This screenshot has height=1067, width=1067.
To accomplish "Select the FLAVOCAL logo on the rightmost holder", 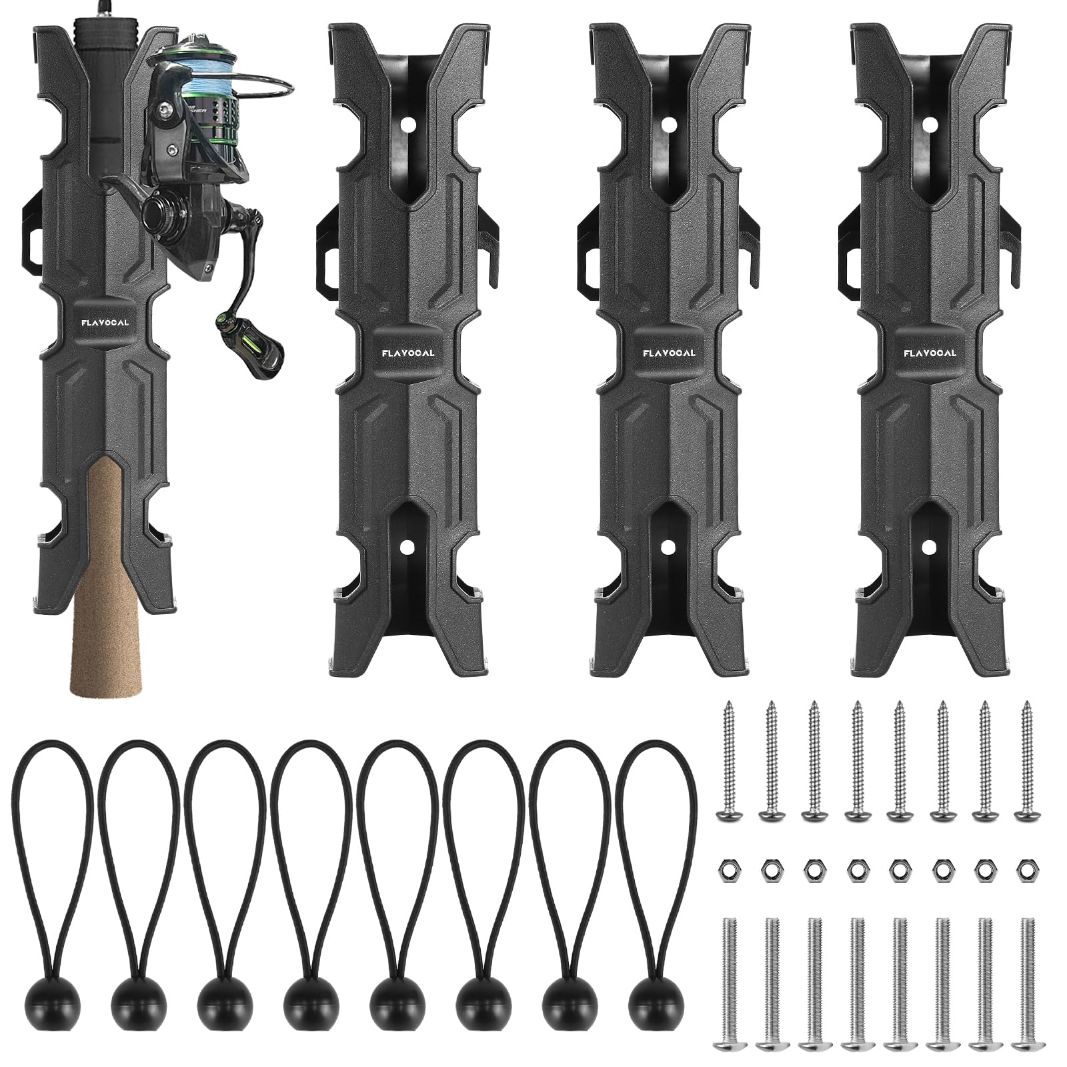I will click(x=930, y=353).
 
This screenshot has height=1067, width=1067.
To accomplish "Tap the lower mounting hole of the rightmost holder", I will click(x=928, y=546).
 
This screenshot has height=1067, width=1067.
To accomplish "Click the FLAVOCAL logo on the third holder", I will click(x=669, y=353).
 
